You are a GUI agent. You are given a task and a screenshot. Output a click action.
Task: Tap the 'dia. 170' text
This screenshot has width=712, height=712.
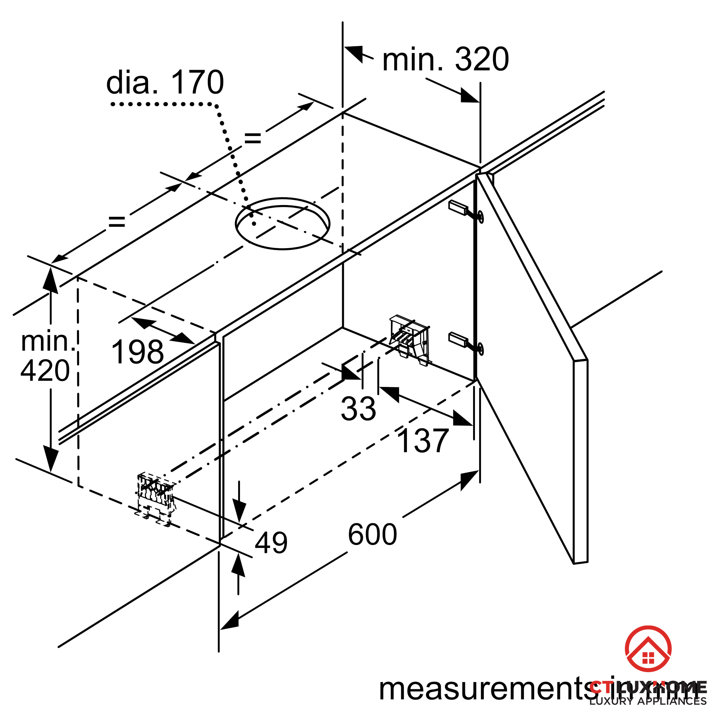(165, 83)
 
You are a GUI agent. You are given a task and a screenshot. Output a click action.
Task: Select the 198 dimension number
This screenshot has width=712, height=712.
(137, 352)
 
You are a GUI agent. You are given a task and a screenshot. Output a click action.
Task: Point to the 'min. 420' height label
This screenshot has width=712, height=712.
(46, 356)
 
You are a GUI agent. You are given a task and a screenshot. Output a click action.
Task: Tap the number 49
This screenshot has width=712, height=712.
(271, 542)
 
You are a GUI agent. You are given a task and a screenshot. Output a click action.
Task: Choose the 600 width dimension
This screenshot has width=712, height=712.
(372, 534)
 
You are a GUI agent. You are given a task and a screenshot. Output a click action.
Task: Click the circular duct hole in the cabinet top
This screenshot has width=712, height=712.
(283, 224)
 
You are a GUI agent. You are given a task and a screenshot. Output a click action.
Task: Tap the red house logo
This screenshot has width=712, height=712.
(648, 649)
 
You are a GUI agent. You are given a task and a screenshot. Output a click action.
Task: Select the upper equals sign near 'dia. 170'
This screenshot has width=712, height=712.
(253, 138)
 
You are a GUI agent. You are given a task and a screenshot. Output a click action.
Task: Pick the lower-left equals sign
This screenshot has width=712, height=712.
(117, 221)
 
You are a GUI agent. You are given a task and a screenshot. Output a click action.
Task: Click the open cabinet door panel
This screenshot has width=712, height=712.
(534, 368)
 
